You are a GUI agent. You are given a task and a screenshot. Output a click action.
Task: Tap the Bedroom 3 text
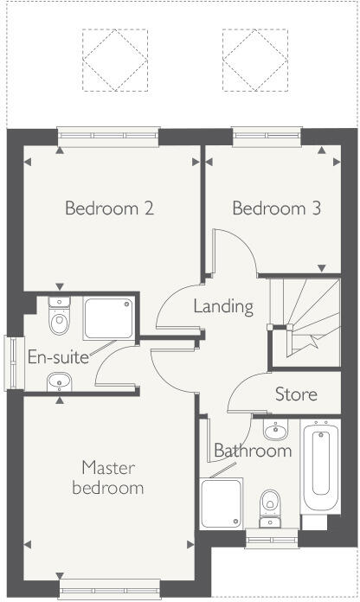pyautogui.click(x=269, y=208)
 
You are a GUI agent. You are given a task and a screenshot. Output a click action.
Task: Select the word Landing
pyautogui.click(x=222, y=306)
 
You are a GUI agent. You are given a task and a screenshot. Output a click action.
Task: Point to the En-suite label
pyautogui.click(x=58, y=356)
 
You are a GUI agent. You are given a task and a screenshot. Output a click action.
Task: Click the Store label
pyautogui.click(x=296, y=394)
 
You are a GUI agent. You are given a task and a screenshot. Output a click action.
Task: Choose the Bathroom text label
pyautogui.click(x=253, y=451)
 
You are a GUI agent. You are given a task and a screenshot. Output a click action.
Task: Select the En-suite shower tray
pyautogui.click(x=109, y=318)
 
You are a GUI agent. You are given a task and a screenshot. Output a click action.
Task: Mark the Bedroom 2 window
pyautogui.click(x=108, y=134)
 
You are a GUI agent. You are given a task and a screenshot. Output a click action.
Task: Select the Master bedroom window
pyautogui.click(x=108, y=591)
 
